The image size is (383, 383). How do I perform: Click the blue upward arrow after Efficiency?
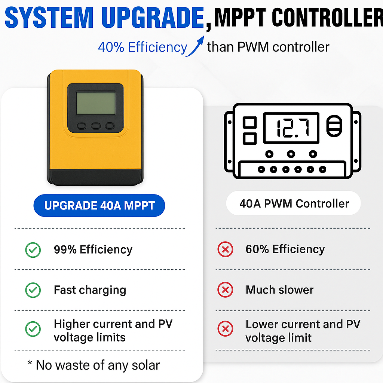195,47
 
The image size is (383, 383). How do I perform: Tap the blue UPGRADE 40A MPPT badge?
99,205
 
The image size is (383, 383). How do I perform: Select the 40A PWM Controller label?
294,203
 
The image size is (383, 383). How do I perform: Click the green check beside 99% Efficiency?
33,250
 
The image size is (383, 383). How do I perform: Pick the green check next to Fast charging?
33,290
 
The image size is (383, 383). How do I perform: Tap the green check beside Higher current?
33,329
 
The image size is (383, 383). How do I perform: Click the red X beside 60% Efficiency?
225,249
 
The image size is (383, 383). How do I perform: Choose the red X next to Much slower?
225,290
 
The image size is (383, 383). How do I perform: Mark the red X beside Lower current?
225,329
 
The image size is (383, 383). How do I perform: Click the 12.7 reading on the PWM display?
293,128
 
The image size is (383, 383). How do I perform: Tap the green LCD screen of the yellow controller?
96,103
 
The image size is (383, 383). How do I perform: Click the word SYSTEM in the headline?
49,18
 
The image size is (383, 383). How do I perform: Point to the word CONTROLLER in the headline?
327,17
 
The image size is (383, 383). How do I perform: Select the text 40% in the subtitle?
111,47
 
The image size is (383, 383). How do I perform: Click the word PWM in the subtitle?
253,47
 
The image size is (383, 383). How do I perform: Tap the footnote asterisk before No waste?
30,362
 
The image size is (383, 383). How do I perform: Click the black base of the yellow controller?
95,177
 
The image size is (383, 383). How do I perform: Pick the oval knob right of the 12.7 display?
334,126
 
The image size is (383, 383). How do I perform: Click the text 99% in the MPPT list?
65,249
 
